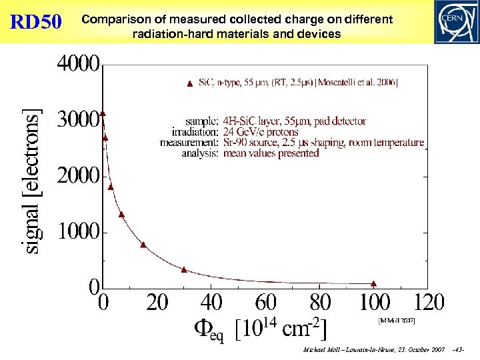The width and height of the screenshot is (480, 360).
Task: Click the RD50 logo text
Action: [x=37, y=23]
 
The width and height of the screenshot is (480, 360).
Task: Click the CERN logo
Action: [x=455, y=21]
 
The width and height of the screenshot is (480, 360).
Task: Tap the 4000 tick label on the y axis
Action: [x=78, y=65]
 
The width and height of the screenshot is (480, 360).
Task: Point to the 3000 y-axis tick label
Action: [x=78, y=121]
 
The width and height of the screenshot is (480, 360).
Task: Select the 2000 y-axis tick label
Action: [x=78, y=176]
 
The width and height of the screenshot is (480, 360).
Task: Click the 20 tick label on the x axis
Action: [x=157, y=303]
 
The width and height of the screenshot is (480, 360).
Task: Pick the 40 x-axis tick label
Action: [x=212, y=303]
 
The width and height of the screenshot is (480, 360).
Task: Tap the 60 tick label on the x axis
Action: [x=266, y=303]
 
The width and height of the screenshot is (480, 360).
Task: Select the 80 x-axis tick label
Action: [x=321, y=303]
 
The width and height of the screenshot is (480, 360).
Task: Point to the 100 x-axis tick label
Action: [x=375, y=303]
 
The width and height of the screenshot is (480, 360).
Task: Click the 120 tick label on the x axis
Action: [x=429, y=303]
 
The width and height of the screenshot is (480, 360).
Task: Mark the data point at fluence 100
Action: [x=374, y=283]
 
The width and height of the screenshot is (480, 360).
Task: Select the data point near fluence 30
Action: [x=184, y=269]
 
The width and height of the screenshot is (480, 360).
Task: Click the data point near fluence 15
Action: [x=143, y=245]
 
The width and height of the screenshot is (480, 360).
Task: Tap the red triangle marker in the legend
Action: [x=190, y=83]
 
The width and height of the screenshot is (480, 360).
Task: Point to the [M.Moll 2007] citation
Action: [x=397, y=321]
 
